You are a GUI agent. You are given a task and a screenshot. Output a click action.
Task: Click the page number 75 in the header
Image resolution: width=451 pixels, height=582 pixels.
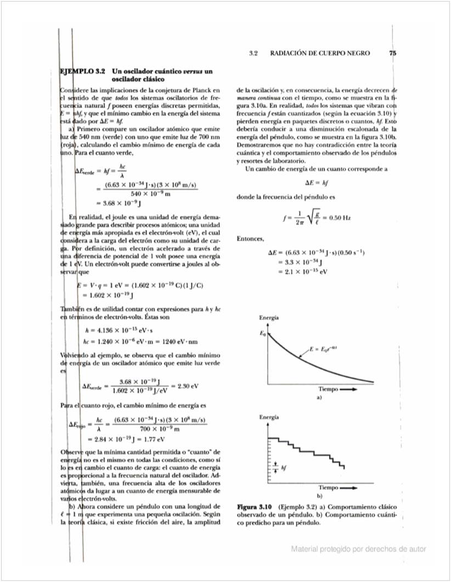[392, 53]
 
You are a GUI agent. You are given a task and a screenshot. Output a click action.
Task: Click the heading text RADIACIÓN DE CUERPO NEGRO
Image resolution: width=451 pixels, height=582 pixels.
[320, 53]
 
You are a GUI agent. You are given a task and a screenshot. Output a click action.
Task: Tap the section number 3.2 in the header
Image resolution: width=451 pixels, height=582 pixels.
[253, 53]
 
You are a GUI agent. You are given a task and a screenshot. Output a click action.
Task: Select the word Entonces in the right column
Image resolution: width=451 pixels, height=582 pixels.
[250, 239]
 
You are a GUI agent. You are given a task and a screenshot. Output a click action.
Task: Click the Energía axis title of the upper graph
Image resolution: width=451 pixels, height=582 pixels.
[268, 318]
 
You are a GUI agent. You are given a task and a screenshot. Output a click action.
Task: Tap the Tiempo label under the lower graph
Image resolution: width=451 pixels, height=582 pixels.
[329, 487]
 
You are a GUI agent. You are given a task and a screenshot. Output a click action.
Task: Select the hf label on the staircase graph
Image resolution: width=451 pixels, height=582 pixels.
[284, 469]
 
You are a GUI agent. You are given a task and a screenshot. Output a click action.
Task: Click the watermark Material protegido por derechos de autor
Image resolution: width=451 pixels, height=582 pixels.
[358, 549]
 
